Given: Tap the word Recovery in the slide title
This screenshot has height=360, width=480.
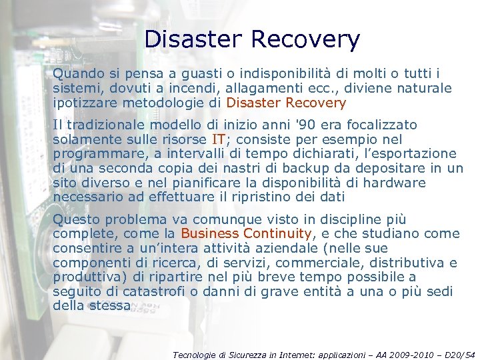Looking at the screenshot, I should coord(307,39).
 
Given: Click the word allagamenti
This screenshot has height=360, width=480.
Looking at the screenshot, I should coord(265,88).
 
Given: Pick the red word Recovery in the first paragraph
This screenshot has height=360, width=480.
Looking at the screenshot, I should coord(315,103).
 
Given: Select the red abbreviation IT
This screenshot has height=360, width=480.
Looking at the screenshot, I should coord(218,139).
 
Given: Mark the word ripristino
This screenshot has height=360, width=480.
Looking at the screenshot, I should coord(274,197).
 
